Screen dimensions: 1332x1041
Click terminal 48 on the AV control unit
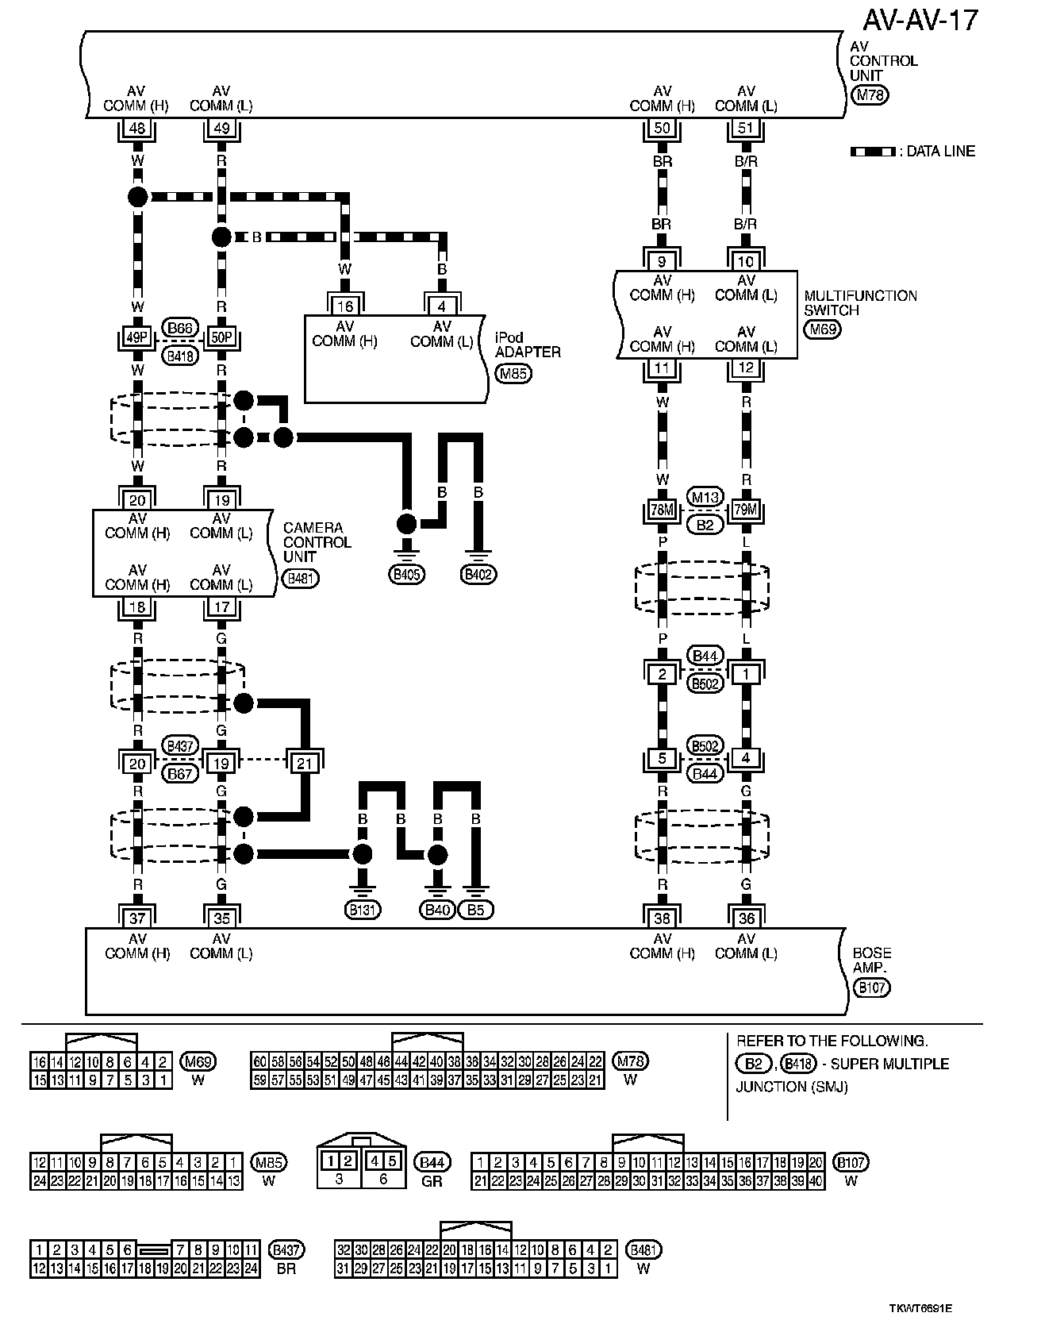point(137,129)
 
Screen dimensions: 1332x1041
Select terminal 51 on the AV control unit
point(746,129)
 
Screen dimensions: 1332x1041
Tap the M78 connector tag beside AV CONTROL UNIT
point(870,95)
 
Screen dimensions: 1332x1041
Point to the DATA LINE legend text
point(940,152)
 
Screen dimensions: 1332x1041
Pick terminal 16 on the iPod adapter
point(344,306)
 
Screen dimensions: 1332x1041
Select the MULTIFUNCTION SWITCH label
point(860,303)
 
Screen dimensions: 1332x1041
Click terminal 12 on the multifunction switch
point(746,368)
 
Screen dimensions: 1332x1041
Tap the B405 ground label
point(406,574)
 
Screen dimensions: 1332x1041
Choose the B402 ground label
point(478,574)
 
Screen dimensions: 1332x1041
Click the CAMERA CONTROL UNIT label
point(317,542)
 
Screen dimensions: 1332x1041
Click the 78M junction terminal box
point(662,510)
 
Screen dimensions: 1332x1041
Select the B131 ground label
point(362,910)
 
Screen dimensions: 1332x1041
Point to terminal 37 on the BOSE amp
point(137,918)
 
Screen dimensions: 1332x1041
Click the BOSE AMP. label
point(871,960)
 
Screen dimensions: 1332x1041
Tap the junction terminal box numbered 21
point(305,764)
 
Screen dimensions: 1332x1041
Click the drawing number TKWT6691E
point(920,1307)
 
